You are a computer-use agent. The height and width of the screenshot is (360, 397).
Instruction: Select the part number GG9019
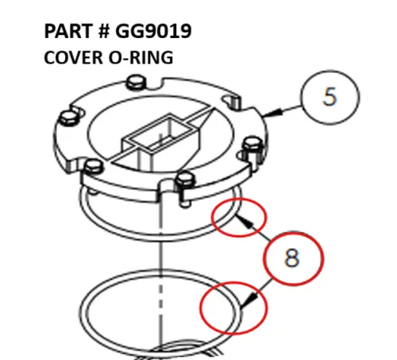pyautogui.click(x=153, y=31)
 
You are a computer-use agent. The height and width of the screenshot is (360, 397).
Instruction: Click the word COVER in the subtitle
pyautogui.click(x=73, y=57)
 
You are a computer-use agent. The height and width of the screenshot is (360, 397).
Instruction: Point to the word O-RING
pyautogui.click(x=141, y=57)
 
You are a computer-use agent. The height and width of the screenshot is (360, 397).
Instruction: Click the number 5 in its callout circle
pyautogui.click(x=330, y=97)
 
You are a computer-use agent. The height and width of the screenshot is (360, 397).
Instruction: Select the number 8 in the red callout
pyautogui.click(x=292, y=257)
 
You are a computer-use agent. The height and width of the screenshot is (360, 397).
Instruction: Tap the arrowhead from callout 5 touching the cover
pyautogui.click(x=272, y=113)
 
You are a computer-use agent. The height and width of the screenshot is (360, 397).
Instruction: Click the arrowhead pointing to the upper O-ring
pyautogui.click(x=245, y=222)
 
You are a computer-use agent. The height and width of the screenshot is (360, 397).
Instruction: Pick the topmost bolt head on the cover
pyautogui.click(x=137, y=81)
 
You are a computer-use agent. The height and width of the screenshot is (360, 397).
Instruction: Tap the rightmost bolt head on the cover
pyautogui.click(x=252, y=144)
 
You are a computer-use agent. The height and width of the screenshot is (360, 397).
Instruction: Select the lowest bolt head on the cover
pyautogui.click(x=186, y=179)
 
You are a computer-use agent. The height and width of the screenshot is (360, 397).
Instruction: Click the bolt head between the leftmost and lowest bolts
pyautogui.click(x=93, y=165)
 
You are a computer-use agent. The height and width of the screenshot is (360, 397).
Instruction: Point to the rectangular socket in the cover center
pyautogui.click(x=161, y=139)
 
